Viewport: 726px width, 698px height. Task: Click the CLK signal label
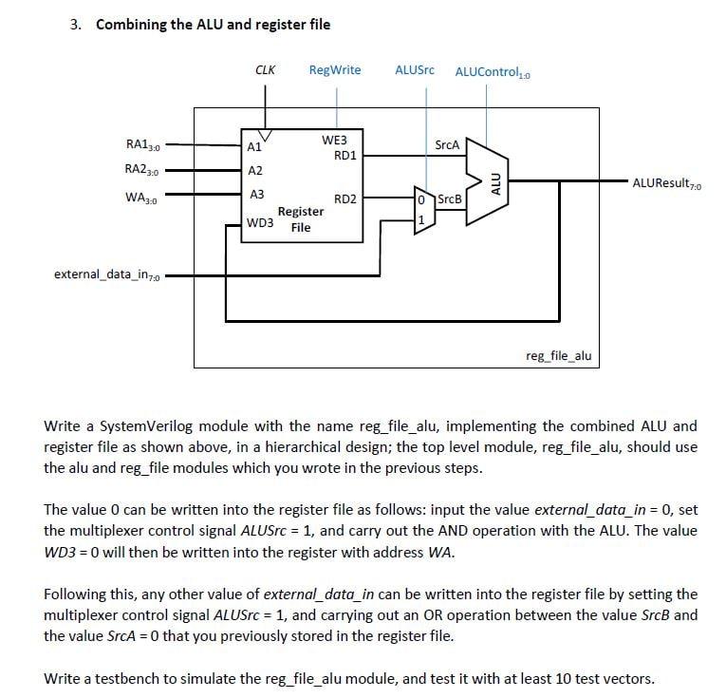(266, 70)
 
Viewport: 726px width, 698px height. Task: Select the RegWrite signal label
(335, 70)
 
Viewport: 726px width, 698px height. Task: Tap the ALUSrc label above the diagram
(415, 70)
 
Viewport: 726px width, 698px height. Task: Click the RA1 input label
(143, 145)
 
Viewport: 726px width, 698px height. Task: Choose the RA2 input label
(143, 170)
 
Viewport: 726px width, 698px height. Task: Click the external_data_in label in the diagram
(108, 275)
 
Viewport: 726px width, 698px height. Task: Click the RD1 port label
(345, 154)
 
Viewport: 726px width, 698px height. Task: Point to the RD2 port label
(345, 199)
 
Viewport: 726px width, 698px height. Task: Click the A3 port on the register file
(255, 194)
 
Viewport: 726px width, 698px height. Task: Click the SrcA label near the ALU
(446, 145)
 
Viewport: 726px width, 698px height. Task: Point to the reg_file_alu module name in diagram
(558, 355)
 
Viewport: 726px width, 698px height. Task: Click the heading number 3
(75, 25)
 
